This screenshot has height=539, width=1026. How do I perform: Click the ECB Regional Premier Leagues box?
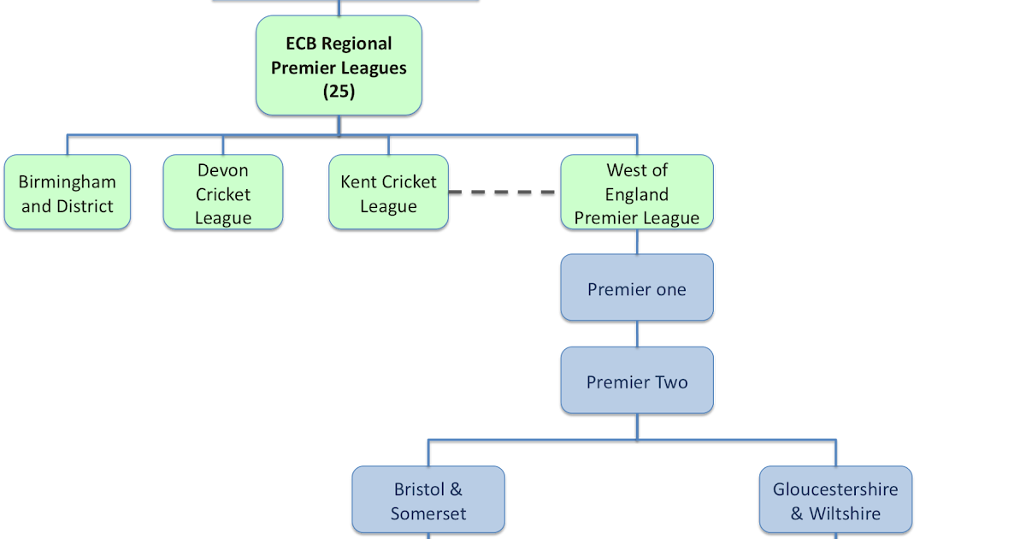(339, 67)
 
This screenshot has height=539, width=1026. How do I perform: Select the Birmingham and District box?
(68, 192)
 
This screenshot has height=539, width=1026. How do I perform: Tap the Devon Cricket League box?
(222, 192)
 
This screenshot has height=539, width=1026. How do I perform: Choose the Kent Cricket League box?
(388, 192)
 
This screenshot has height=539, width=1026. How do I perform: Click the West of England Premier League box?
(636, 192)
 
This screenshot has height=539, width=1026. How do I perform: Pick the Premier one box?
(636, 288)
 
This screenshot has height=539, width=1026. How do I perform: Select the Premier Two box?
(636, 381)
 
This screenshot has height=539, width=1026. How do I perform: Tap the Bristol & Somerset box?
(428, 500)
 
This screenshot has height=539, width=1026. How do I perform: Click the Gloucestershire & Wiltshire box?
(835, 500)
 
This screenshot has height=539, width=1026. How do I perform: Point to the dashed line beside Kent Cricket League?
(504, 192)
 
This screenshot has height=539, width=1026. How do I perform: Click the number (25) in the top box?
(339, 92)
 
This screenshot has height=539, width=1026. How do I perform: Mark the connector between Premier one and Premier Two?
(636, 334)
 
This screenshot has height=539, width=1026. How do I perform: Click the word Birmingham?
(68, 182)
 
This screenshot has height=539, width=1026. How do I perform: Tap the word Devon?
(222, 170)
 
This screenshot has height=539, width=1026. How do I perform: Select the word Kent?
(358, 181)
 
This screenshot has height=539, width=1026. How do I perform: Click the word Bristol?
(419, 489)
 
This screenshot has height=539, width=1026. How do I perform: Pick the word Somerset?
(428, 513)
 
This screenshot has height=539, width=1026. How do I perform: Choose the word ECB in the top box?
(303, 43)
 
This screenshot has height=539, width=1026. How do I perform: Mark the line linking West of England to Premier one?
(636, 241)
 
